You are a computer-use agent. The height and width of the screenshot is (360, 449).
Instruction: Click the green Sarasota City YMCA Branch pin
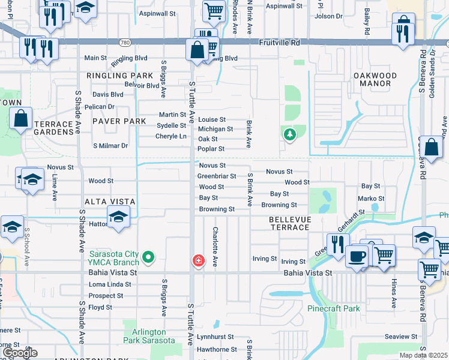coord(150,257)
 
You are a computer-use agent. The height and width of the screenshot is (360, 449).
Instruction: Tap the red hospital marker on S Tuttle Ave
coord(197,260)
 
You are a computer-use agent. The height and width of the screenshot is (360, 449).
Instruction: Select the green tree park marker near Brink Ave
coord(290,134)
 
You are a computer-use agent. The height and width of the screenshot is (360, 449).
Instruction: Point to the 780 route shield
coord(124,43)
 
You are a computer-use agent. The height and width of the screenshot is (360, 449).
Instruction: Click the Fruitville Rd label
coord(279,43)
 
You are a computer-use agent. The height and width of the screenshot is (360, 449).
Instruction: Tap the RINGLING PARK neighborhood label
coord(120,76)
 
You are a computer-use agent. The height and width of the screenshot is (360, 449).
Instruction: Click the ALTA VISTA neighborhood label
coord(110,201)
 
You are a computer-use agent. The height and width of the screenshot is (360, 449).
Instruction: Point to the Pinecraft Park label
coord(333,308)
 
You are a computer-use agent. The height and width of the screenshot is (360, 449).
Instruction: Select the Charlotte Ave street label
coord(214,246)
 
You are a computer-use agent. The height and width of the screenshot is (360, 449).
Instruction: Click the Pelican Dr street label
coord(99,107)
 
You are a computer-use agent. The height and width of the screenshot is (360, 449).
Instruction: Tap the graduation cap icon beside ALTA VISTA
coord(119,217)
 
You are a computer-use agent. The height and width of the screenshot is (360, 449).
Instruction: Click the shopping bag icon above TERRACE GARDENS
coord(21,119)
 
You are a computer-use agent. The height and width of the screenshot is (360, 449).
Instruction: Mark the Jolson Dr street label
coord(328,16)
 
